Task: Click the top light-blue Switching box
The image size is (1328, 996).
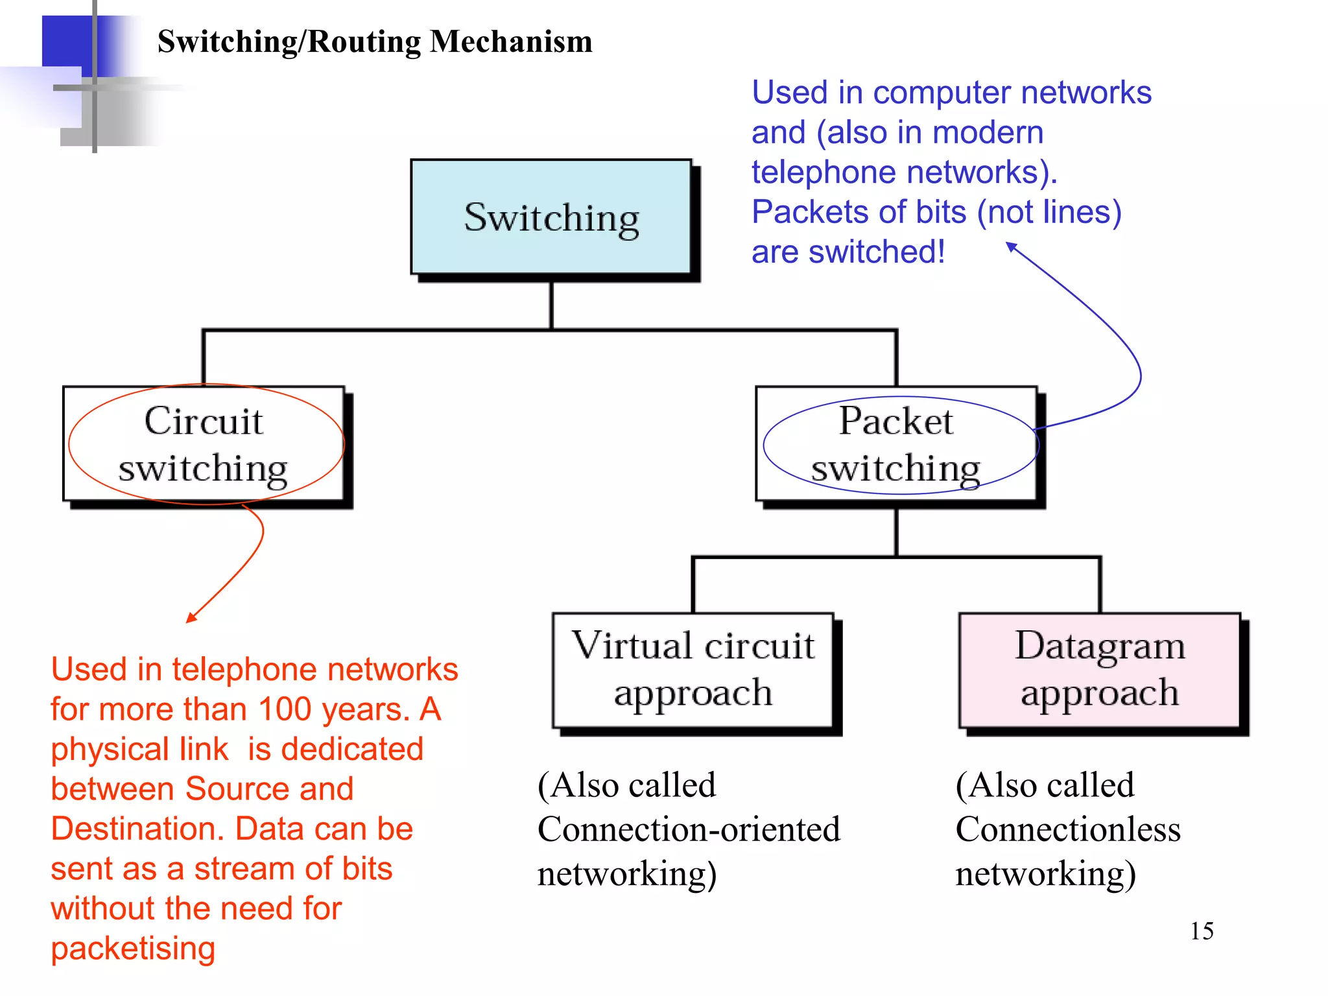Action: point(551,217)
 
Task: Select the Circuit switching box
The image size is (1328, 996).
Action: point(204,444)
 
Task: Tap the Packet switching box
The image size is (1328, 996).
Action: point(896,444)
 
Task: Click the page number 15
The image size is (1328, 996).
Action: point(1202,931)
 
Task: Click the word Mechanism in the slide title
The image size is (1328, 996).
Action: point(511,41)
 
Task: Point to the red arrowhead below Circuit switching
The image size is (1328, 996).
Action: point(190,619)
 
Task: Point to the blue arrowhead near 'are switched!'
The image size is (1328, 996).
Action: point(1010,246)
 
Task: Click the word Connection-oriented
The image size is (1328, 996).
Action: point(689,829)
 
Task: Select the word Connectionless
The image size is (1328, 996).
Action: point(1068,829)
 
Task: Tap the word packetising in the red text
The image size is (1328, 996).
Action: point(133,949)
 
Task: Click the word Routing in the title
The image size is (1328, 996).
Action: point(363,41)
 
